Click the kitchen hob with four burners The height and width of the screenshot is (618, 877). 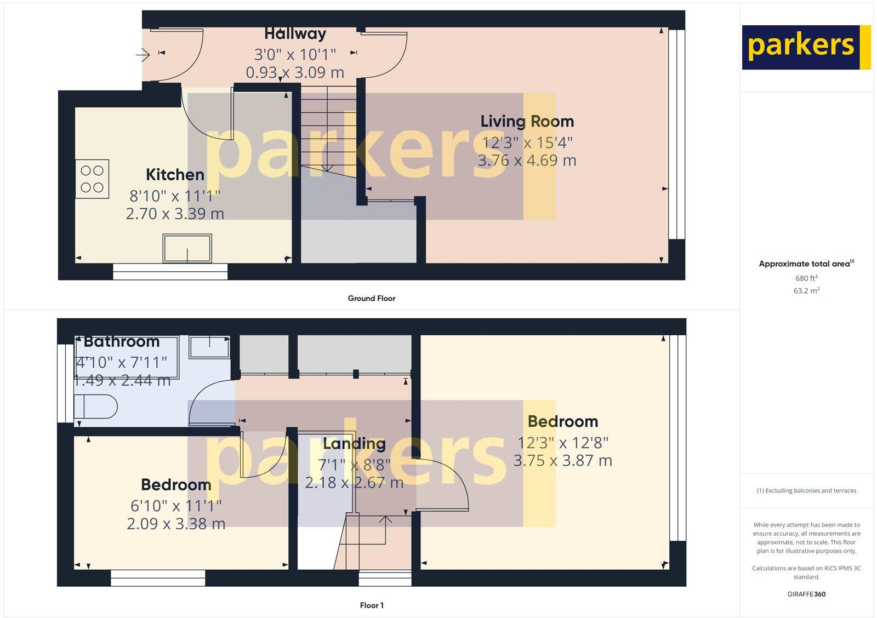click(x=92, y=179)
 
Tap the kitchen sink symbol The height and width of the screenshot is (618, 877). click(x=187, y=248)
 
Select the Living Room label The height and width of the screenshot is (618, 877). click(x=527, y=122)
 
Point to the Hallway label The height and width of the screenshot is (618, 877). click(x=295, y=34)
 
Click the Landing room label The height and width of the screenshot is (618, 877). click(x=354, y=444)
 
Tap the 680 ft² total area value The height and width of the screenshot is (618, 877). click(x=806, y=278)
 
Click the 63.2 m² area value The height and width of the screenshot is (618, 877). click(x=806, y=291)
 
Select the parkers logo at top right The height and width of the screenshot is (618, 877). click(x=806, y=47)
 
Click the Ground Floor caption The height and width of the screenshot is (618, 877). click(x=371, y=299)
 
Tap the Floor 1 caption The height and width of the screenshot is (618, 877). click(x=372, y=605)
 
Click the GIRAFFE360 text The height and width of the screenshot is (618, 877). click(x=806, y=594)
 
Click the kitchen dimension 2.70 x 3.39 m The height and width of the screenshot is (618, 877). click(x=175, y=214)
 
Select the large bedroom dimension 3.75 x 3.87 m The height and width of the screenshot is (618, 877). click(x=562, y=461)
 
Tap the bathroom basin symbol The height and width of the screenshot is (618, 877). click(x=210, y=347)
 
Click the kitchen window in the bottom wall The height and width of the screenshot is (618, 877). click(x=170, y=272)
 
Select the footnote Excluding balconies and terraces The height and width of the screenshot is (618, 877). click(x=806, y=491)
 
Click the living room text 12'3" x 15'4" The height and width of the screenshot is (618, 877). click(x=527, y=142)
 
